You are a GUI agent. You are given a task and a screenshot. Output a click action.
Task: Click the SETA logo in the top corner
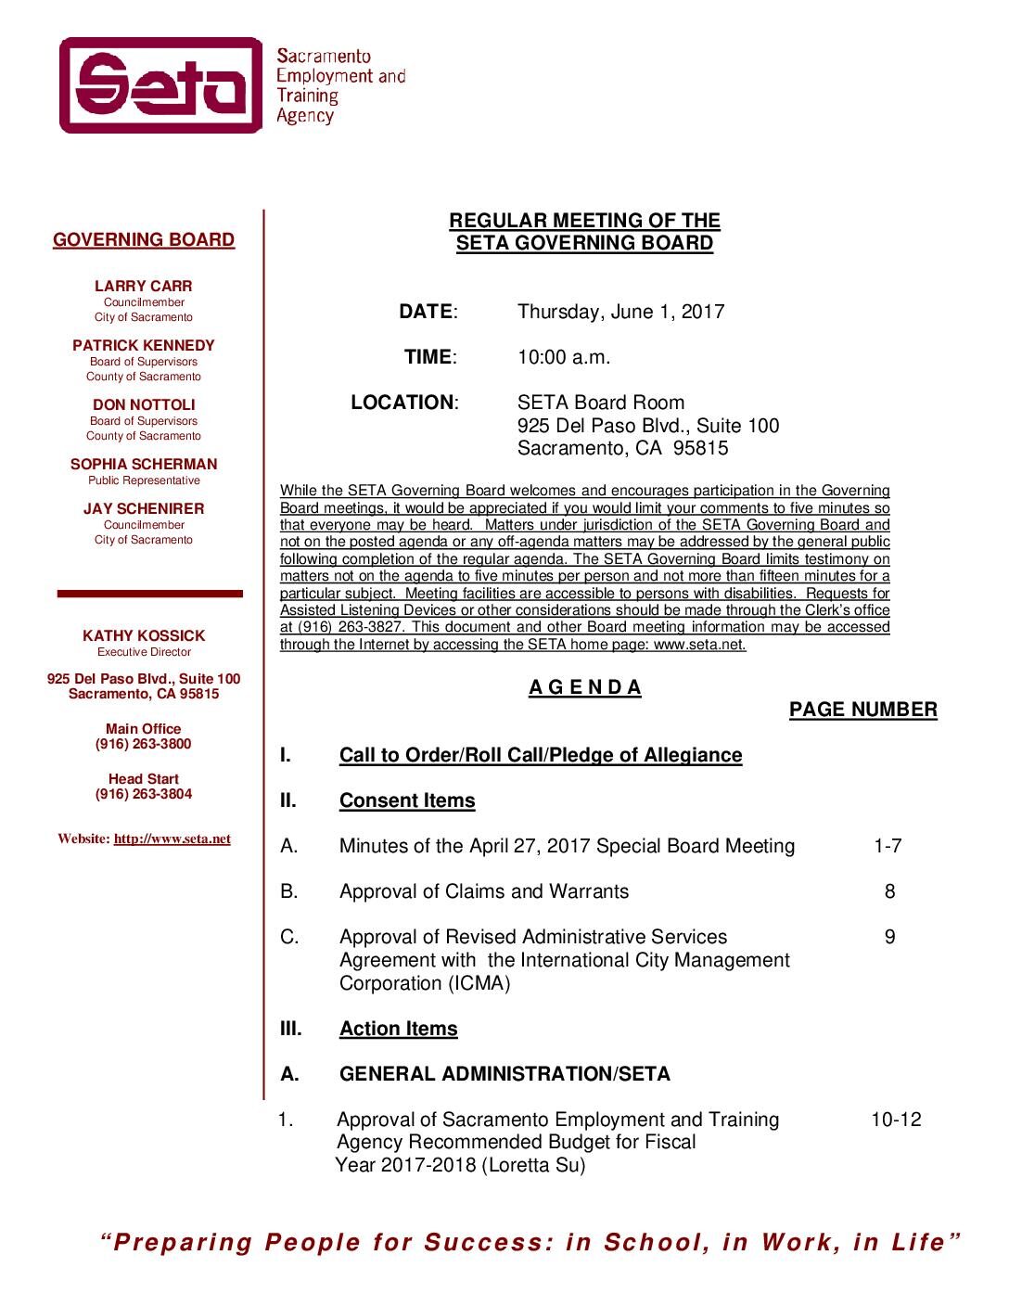[x=161, y=85]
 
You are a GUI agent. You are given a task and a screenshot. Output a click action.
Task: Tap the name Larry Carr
[x=144, y=287]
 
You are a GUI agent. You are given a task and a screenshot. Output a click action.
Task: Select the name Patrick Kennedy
[x=144, y=346]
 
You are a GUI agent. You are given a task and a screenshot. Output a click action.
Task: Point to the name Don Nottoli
[x=144, y=405]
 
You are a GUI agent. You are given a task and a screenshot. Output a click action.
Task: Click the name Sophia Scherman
[x=144, y=465]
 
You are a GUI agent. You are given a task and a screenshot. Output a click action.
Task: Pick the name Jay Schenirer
[x=144, y=509]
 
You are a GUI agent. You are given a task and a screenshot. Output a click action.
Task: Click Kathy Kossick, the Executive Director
[x=144, y=636]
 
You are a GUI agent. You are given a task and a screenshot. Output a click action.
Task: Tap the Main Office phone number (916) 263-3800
[x=144, y=745]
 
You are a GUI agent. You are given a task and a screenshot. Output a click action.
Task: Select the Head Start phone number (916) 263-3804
[x=144, y=795]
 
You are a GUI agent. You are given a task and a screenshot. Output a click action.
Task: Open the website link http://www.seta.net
[x=172, y=839]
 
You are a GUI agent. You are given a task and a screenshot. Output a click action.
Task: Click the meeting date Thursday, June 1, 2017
[x=620, y=312]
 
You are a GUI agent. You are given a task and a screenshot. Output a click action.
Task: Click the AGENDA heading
[x=585, y=688]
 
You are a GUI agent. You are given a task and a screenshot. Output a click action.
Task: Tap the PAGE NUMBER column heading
[x=862, y=711]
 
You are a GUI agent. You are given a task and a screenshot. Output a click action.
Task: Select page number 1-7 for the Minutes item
[x=888, y=846]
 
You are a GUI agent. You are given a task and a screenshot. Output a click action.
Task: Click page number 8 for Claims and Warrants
[x=890, y=891]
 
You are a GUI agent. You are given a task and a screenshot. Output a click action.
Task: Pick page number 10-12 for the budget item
[x=896, y=1120]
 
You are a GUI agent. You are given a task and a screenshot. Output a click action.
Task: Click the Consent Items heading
[x=407, y=800]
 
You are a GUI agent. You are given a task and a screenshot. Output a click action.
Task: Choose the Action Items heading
[x=399, y=1029]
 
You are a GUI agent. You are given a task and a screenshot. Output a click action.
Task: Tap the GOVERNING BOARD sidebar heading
[x=144, y=240]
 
